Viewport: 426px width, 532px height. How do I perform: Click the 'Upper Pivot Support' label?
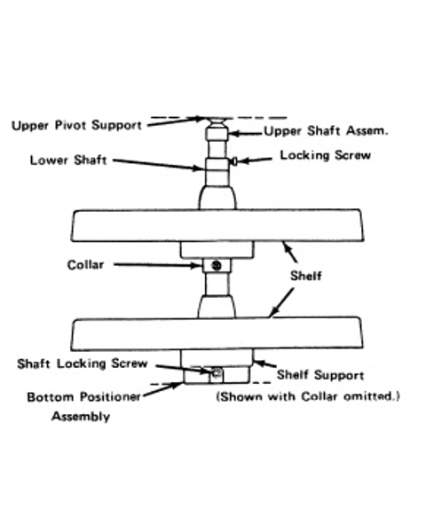[76, 126]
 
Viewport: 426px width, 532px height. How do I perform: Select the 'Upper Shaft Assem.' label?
[326, 131]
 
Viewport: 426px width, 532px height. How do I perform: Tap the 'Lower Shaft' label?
[68, 160]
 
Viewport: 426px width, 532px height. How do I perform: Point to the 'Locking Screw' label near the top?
[325, 155]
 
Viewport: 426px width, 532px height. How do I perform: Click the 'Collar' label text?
[85, 265]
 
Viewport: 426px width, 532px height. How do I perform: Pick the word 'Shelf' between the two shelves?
[305, 276]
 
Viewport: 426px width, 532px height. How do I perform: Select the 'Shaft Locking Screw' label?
[83, 364]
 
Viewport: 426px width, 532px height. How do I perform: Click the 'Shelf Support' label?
[320, 375]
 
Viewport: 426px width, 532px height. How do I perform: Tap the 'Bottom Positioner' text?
[84, 397]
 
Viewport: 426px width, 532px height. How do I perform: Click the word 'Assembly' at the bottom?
[81, 417]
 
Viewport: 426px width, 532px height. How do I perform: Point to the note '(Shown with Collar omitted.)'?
[308, 396]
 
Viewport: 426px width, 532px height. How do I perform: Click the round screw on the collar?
[217, 265]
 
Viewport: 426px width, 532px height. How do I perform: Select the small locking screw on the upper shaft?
[234, 160]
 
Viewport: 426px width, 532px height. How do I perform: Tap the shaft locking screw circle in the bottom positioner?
[217, 373]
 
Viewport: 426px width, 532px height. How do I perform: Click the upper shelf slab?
[217, 225]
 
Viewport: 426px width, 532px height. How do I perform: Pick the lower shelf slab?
[217, 333]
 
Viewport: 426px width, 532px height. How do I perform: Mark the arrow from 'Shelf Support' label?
[265, 364]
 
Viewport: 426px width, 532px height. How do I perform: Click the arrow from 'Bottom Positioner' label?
[162, 389]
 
